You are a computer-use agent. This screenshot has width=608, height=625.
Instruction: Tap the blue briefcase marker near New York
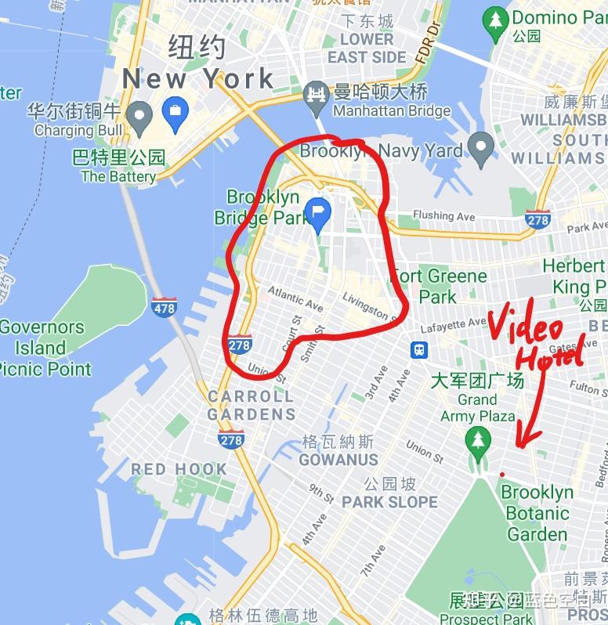[174, 114]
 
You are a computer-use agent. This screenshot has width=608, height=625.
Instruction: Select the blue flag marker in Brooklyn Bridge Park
[317, 214]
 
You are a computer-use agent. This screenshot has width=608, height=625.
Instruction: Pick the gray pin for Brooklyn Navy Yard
[480, 146]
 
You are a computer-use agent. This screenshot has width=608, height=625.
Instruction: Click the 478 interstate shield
[164, 307]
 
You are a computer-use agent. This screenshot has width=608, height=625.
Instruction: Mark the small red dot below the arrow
[501, 474]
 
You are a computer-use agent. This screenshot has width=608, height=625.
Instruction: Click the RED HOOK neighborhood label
[179, 469]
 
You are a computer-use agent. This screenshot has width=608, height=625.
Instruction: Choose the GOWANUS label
[338, 460]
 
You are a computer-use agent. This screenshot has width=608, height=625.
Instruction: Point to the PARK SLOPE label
[389, 501]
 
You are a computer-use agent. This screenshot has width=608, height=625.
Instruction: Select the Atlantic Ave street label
[295, 298]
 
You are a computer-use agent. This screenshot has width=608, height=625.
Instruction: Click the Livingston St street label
[365, 305]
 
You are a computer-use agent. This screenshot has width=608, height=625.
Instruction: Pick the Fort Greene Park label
[439, 286]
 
